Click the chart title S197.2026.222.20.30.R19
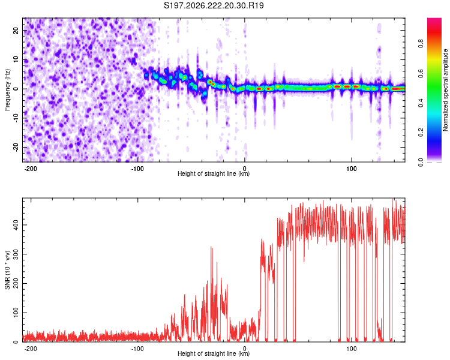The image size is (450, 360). tap(214, 5)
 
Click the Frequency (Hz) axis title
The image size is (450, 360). tap(7, 90)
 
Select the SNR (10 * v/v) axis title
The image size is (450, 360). tap(7, 270)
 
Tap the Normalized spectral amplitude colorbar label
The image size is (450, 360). tap(445, 90)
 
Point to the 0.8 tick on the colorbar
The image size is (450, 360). tap(421, 44)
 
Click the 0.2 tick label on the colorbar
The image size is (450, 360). tap(421, 133)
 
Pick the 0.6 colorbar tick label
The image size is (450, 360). tap(421, 73)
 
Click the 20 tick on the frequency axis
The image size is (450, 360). tap(16, 31)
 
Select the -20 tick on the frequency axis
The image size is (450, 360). tap(16, 147)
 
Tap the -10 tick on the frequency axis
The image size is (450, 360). tap(16, 118)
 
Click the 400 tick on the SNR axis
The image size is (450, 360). tap(16, 225)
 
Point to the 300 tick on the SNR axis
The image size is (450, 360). tap(16, 254)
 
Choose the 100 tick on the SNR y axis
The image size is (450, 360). tap(16, 313)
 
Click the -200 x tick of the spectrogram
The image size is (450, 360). tap(31, 169)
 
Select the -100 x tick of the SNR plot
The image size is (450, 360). tap(137, 349)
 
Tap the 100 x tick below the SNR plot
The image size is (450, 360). tap(352, 349)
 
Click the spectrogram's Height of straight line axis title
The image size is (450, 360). tap(214, 173)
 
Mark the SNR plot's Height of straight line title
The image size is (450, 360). tap(214, 353)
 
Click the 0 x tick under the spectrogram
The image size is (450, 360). tap(245, 169)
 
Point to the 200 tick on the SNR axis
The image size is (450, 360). tap(16, 283)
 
